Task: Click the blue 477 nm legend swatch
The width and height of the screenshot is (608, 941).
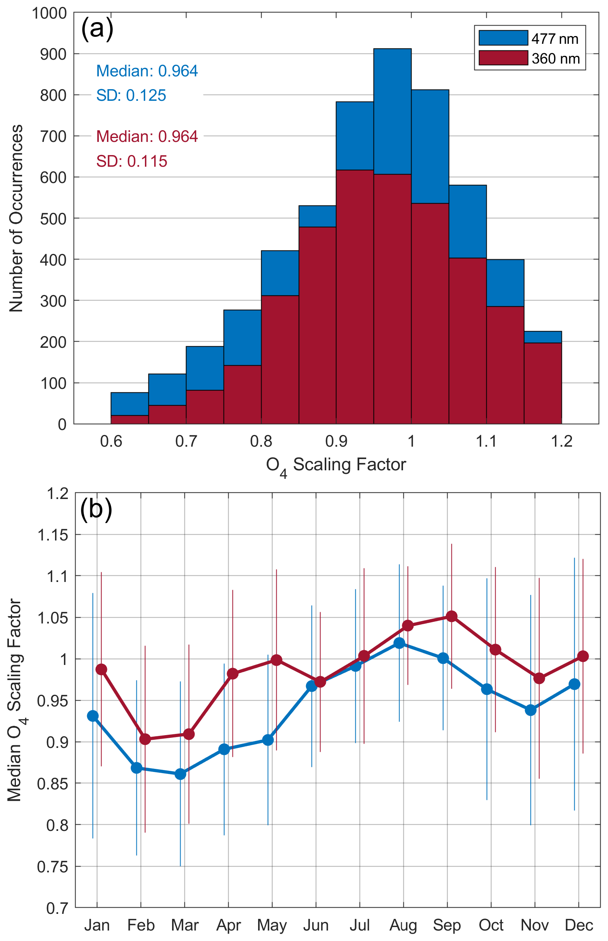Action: [x=503, y=38]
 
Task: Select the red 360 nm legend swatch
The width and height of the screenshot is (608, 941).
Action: [x=503, y=58]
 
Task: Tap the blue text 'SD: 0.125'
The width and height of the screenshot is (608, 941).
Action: [x=131, y=96]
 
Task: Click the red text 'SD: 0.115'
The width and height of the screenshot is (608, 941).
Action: [x=132, y=161]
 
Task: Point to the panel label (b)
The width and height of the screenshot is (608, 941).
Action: [x=96, y=509]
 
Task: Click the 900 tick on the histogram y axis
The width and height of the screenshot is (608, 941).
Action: [x=53, y=54]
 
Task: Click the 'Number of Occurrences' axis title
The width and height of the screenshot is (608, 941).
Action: [x=16, y=218]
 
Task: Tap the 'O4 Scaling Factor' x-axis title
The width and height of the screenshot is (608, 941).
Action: [x=336, y=465]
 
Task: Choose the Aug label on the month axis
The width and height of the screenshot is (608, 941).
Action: [x=403, y=925]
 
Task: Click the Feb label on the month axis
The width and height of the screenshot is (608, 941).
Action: [x=141, y=925]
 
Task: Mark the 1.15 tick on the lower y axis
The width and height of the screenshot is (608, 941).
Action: [x=53, y=535]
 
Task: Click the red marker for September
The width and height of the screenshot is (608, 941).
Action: [x=452, y=616]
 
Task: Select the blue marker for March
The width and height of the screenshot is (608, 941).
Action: [x=181, y=774]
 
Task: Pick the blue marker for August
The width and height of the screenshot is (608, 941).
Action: [x=399, y=643]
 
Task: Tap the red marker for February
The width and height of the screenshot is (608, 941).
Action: [x=145, y=739]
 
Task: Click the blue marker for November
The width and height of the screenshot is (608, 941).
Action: [x=530, y=710]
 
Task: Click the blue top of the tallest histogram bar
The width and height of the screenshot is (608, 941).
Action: [x=393, y=111]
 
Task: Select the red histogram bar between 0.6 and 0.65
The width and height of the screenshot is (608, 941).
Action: [x=129, y=420]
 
